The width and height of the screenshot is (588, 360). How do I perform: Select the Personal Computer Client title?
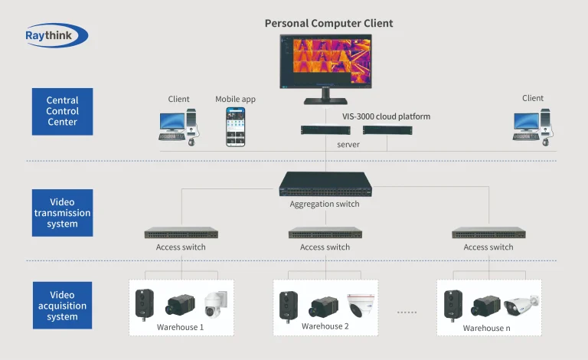coord(328,23)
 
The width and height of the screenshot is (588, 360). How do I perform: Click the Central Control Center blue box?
coord(62,111)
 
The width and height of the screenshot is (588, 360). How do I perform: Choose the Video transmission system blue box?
coord(62,213)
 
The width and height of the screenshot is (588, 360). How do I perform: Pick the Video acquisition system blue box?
coord(62,306)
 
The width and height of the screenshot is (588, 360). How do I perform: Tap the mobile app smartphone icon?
coord(235,126)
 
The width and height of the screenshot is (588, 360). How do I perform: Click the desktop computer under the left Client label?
coord(179,126)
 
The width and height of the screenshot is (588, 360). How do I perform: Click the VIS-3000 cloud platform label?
coord(386,116)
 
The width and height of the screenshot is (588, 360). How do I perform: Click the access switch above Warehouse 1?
coord(181,233)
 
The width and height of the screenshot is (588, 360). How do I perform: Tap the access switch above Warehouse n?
coord(488,233)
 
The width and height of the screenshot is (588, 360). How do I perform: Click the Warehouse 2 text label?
coord(325,326)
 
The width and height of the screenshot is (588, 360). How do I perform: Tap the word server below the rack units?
coord(348,144)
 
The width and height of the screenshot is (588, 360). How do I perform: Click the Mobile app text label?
coord(235,100)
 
